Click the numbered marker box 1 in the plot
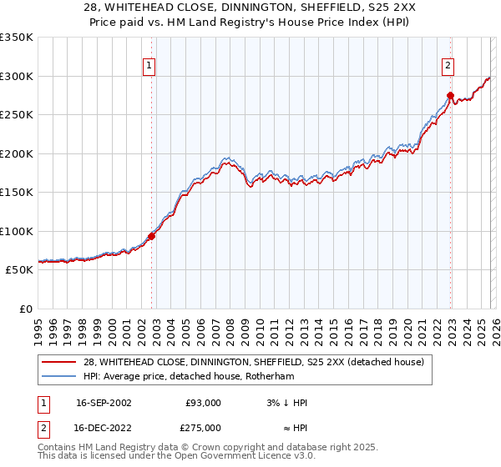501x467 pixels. click(149, 66)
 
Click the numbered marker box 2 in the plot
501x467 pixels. click(448, 66)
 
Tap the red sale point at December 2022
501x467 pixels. click(450, 95)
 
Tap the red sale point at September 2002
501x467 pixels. click(152, 236)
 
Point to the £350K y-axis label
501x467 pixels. click(17, 38)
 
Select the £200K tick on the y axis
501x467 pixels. click(17, 153)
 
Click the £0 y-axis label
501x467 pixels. click(25, 309)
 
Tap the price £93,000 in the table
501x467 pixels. click(203, 403)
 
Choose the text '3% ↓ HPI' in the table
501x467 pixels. click(286, 403)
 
